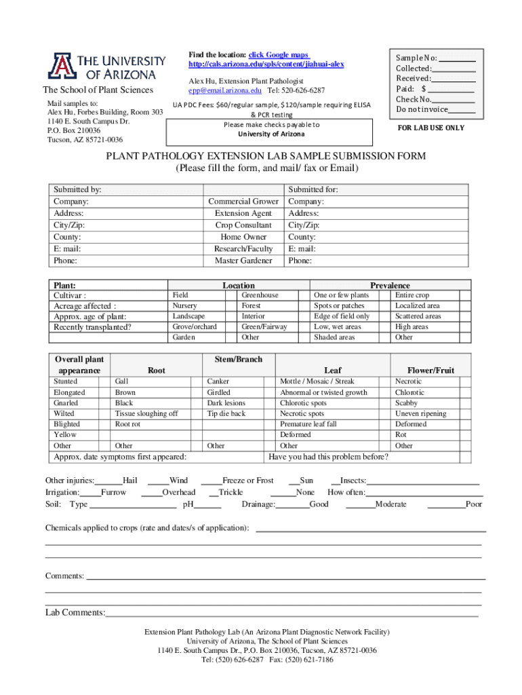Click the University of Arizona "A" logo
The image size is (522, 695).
point(59,66)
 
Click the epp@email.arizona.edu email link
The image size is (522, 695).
point(225,90)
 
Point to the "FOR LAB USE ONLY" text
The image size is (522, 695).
point(431,128)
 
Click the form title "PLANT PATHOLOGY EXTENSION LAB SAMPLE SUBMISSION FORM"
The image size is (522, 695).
point(265,156)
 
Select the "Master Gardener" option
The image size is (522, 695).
point(243,261)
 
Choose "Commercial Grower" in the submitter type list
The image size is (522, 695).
point(243,202)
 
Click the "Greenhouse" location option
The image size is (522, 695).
point(260,295)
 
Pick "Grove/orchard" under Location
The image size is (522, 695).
point(195,326)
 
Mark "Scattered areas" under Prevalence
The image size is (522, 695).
point(418,316)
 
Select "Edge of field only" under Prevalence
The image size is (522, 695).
point(342,316)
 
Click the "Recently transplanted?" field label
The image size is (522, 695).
point(92,328)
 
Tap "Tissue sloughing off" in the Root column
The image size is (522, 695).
point(146,413)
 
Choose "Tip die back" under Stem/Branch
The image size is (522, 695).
point(226,413)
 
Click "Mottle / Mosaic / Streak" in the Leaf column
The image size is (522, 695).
point(317,381)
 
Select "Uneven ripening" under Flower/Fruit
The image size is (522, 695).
point(421,413)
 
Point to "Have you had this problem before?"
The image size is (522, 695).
point(329,457)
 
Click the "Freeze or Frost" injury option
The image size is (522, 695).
point(247,481)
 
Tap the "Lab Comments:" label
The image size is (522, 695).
point(75,613)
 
